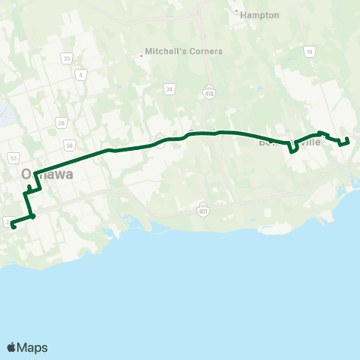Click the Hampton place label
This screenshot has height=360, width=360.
260,14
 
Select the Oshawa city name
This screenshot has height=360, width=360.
47,174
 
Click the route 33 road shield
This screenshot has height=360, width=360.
67,58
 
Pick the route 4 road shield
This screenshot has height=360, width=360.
81,73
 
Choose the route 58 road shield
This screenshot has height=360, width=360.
69,145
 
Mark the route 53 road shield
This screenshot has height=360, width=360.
13,158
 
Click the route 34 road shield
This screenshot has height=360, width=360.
170,89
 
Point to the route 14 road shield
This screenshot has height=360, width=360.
309,52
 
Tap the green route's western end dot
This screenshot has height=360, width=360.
13,226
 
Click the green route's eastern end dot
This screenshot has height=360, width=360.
347,139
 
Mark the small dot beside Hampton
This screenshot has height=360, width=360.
237,12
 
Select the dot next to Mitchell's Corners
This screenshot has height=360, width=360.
142,54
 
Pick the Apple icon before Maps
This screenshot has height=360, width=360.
11,347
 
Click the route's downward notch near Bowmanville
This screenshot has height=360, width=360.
292,148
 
